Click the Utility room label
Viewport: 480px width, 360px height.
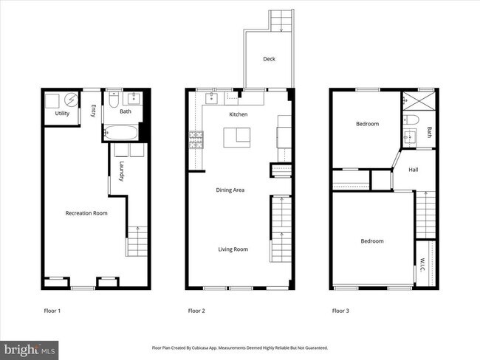pyautogui.click(x=62, y=114)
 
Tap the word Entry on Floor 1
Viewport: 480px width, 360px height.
pyautogui.click(x=93, y=111)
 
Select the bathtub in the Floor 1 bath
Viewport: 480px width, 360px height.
pyautogui.click(x=120, y=134)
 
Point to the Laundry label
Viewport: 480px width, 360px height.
pyautogui.click(x=121, y=171)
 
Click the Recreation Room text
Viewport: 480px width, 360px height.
pyautogui.click(x=86, y=213)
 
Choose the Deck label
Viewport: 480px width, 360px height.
pyautogui.click(x=270, y=59)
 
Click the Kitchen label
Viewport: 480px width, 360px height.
pyautogui.click(x=238, y=115)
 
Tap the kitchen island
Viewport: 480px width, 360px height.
pyautogui.click(x=238, y=135)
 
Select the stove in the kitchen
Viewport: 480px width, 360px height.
pyautogui.click(x=196, y=139)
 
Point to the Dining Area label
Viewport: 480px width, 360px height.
pyautogui.click(x=230, y=190)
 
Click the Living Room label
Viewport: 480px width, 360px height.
pyautogui.click(x=233, y=249)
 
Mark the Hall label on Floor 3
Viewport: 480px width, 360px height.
pyautogui.click(x=414, y=170)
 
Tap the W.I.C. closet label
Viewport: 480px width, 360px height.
pyautogui.click(x=422, y=263)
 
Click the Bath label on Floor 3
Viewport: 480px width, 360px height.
pyautogui.click(x=430, y=133)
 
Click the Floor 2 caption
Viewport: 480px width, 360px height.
pyautogui.click(x=196, y=311)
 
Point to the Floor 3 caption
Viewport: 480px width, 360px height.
pyautogui.click(x=340, y=311)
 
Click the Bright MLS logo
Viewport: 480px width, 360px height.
pyautogui.click(x=30, y=347)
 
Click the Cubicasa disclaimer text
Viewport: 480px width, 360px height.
pyautogui.click(x=239, y=347)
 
